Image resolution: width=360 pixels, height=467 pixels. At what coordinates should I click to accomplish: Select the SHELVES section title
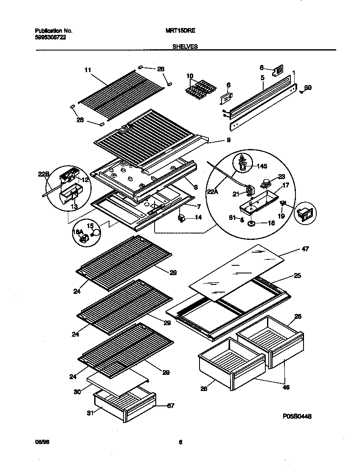point(185,47)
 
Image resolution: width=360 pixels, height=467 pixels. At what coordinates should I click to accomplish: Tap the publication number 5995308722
point(50,37)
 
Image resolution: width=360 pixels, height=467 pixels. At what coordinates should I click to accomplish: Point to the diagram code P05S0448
point(297,417)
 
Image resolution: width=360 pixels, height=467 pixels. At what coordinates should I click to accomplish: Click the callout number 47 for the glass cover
point(305,249)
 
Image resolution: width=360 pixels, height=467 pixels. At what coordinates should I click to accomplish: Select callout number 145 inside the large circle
point(262,166)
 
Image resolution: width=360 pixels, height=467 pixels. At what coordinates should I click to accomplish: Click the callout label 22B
point(44,173)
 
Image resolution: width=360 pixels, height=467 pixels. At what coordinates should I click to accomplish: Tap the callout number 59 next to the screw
point(308,88)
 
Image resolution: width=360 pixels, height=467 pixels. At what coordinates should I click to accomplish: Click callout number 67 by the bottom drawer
point(170,406)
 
